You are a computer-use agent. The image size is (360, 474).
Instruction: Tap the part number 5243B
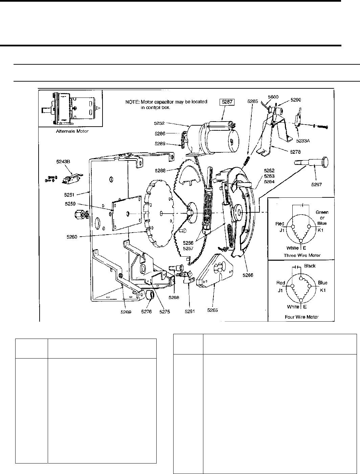click(x=63, y=161)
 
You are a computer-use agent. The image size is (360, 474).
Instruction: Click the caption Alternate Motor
click(x=72, y=131)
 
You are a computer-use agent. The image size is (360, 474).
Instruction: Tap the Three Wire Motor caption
click(x=303, y=255)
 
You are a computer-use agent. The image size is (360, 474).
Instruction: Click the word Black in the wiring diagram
click(x=310, y=266)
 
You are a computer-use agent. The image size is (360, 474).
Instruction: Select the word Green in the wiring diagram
click(x=322, y=213)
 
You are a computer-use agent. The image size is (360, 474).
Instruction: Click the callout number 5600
click(x=273, y=97)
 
